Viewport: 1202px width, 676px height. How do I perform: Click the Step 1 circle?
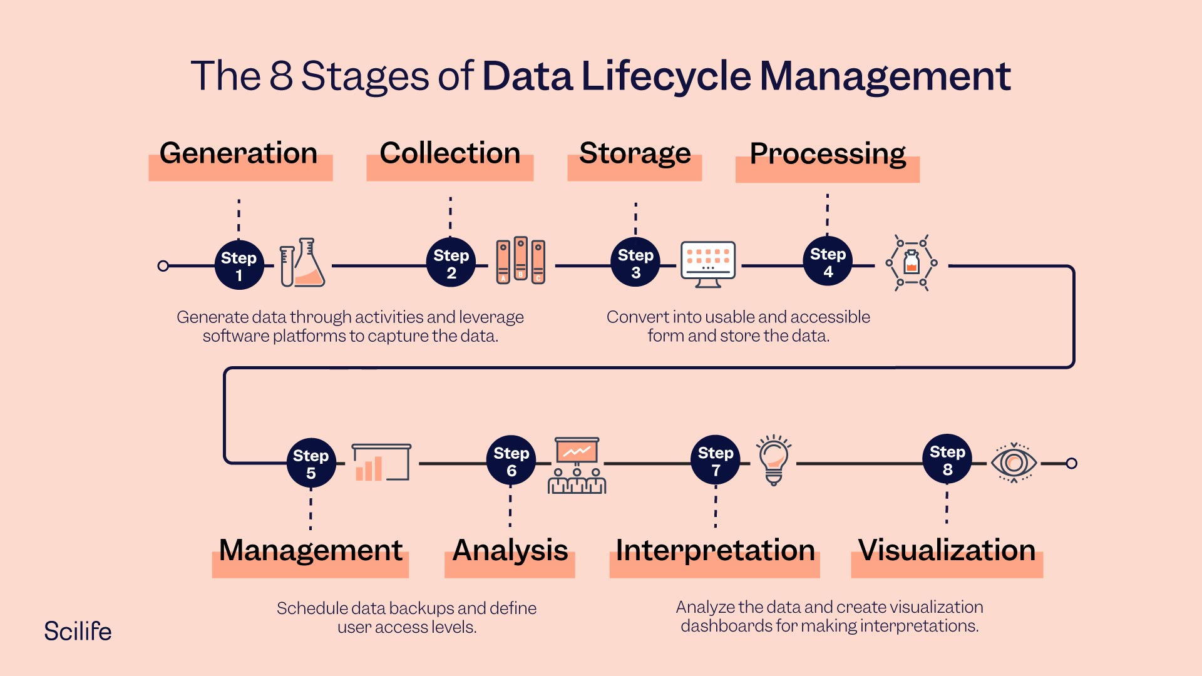(239, 265)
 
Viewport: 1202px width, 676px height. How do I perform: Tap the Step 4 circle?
(828, 261)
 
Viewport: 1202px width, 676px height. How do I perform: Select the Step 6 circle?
(511, 460)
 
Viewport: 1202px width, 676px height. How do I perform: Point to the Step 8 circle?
(947, 459)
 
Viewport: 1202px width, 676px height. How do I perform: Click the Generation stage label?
(239, 153)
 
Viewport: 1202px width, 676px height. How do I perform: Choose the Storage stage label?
(635, 154)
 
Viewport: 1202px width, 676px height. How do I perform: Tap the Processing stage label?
(828, 155)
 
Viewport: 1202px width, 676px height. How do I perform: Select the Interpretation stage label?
(715, 550)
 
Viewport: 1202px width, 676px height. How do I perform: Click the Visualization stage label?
(947, 550)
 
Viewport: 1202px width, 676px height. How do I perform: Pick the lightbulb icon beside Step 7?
(774, 460)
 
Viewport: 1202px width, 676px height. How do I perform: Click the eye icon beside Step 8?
(1014, 463)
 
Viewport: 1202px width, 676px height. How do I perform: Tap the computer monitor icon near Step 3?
(708, 264)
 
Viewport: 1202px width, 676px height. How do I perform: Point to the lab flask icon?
(302, 263)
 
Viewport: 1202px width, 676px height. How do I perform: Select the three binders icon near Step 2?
(520, 261)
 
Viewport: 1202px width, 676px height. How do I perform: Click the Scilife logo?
(78, 631)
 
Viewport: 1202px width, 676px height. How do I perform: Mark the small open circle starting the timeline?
(163, 266)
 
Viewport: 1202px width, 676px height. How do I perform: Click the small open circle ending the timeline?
(1072, 463)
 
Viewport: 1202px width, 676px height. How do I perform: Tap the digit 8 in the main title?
(281, 76)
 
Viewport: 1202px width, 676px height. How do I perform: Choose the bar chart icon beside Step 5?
(381, 463)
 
